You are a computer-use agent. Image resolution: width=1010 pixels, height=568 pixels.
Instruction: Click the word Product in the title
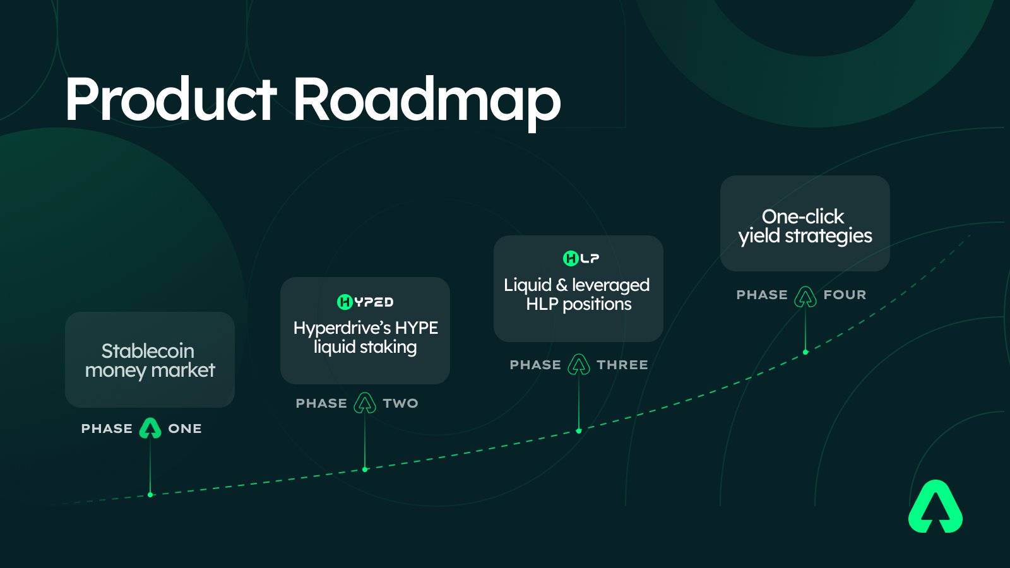coord(170,99)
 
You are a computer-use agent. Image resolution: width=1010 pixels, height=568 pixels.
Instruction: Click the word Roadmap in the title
coord(427,104)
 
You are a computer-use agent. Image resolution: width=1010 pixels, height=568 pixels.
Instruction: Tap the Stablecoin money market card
coord(150,360)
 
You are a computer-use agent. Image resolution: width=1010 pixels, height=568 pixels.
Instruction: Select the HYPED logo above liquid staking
coord(365,302)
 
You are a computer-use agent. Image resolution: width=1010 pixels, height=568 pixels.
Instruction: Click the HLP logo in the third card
coord(581,258)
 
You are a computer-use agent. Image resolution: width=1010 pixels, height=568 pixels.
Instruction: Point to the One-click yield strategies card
coord(805,223)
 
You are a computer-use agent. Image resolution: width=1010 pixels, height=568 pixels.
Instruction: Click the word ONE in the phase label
coord(185,429)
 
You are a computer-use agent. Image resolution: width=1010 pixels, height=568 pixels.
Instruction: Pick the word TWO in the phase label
coord(400,403)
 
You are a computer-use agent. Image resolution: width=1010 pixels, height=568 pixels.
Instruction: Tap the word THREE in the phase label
coord(622,365)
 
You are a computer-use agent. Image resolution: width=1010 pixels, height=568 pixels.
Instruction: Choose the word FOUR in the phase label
coord(845,295)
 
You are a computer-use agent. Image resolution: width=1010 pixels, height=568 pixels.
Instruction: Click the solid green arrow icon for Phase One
coord(150,429)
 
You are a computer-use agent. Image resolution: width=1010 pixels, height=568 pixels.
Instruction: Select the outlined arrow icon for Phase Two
coord(365,403)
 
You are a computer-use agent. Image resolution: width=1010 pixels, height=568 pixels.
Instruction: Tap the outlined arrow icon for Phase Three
coord(578,365)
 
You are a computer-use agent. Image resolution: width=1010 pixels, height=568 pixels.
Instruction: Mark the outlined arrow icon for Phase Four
coord(805,297)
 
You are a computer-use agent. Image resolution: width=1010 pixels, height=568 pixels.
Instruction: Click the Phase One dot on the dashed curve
coord(150,495)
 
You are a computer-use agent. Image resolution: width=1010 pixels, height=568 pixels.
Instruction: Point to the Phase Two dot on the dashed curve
coord(365,470)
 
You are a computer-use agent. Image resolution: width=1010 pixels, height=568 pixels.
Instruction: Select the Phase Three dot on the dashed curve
coord(579,431)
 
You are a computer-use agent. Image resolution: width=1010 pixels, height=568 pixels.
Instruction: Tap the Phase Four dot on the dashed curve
coord(805,352)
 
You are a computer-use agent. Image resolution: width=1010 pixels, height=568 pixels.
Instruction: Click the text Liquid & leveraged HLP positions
coord(577,294)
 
